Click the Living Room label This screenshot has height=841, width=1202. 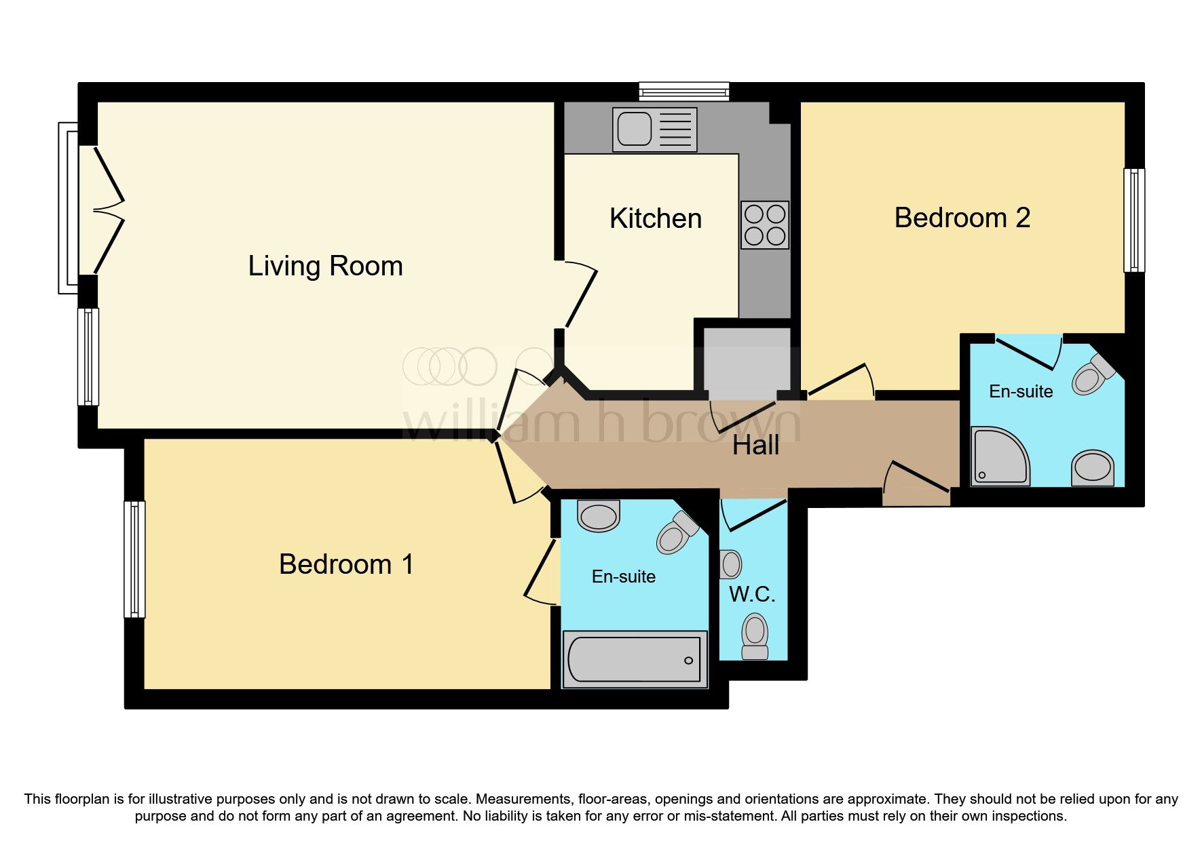point(325,266)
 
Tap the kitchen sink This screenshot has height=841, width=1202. point(654,130)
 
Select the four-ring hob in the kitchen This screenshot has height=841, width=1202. point(765,224)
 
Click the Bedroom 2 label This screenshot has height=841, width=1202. point(962,218)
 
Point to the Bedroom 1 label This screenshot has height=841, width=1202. point(346,564)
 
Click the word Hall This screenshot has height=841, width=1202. point(755,446)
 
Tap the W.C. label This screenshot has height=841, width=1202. point(752,595)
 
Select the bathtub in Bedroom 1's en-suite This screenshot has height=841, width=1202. point(635,659)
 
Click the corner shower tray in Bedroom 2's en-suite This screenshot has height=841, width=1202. point(999,456)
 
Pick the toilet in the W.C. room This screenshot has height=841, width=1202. point(755,635)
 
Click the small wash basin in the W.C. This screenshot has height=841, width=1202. point(730,564)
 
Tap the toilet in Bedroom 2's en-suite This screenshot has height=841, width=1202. point(1093,374)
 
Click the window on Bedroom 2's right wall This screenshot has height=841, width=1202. point(1134,220)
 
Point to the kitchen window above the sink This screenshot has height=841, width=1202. point(684,92)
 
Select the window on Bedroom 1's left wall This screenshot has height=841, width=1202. point(134,560)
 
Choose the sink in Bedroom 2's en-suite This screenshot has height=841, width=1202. point(1093,468)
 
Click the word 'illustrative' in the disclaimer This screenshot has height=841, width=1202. point(183,799)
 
